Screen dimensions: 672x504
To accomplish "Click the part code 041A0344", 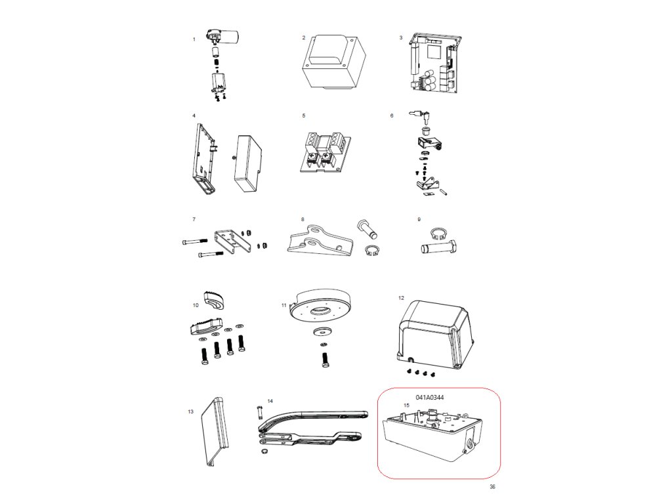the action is [430, 397].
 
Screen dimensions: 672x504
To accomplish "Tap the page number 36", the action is [492, 486].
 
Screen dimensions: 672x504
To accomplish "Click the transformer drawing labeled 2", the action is [334, 62].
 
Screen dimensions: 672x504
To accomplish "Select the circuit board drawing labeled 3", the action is [434, 62].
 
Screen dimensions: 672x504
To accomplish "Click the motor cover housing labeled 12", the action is [435, 335].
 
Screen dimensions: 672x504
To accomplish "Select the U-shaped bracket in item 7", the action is [233, 241].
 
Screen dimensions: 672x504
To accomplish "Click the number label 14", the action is [270, 401].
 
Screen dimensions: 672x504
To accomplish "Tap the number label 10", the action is [196, 305].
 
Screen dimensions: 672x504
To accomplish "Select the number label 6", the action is [392, 115].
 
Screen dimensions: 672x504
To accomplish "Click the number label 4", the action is [194, 115].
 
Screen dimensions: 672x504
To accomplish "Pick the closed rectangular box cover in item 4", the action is [247, 163].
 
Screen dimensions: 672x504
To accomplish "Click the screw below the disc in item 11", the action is [325, 359].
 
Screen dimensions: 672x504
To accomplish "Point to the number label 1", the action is [194, 39].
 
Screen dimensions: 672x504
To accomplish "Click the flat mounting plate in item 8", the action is [320, 240].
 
